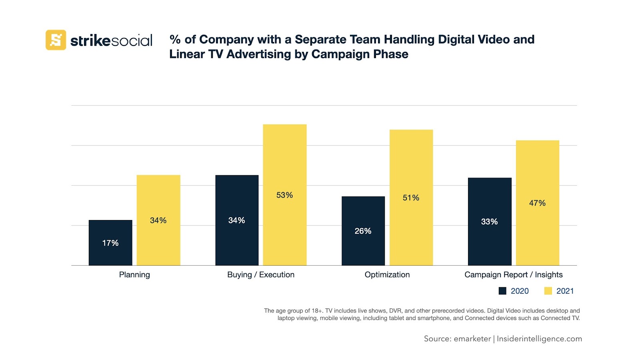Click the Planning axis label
(x=134, y=275)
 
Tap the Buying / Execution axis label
(x=261, y=275)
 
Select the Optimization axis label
(x=387, y=275)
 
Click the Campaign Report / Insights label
(x=513, y=275)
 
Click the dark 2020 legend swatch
(x=502, y=291)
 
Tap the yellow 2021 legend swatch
(x=548, y=291)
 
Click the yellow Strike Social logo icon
(x=56, y=40)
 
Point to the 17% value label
(x=110, y=243)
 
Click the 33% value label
(x=490, y=222)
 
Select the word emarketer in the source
(x=472, y=339)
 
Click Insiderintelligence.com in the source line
(x=539, y=339)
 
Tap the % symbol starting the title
(x=175, y=39)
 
